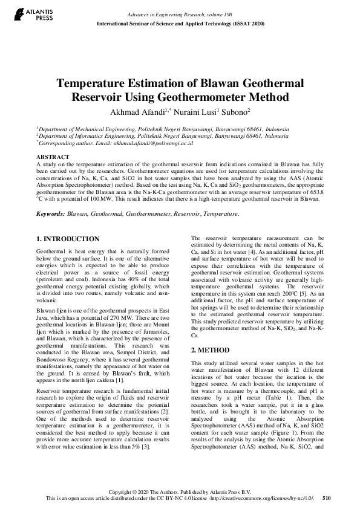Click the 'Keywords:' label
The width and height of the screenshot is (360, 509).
(51, 213)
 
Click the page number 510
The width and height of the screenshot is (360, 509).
(327, 499)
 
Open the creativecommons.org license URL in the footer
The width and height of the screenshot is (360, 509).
(268, 499)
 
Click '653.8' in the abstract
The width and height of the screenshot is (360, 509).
(312, 192)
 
